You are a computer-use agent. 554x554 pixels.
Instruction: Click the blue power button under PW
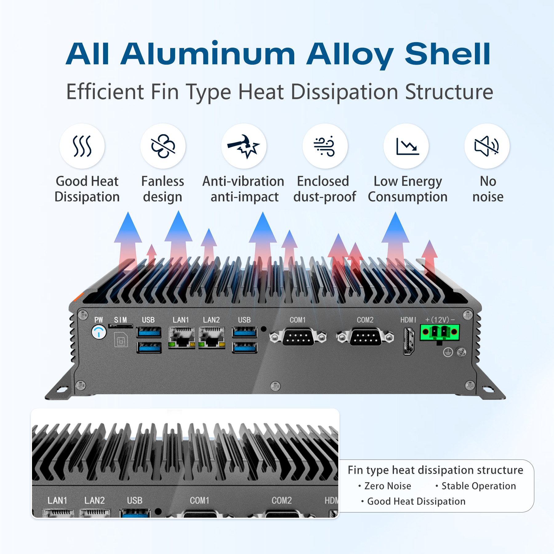tap(99, 332)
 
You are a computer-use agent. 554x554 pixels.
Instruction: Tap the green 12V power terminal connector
tap(440, 332)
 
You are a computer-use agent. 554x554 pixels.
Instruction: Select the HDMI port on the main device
tap(408, 341)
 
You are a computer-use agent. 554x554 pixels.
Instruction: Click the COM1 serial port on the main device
tap(298, 337)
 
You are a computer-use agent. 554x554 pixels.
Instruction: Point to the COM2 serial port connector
tap(365, 337)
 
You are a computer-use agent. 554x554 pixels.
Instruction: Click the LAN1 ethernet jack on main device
tap(182, 337)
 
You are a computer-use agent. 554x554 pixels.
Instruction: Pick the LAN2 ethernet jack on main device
tap(212, 337)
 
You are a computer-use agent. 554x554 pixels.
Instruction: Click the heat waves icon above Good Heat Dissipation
tap(82, 146)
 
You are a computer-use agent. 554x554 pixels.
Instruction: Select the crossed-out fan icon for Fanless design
tap(163, 146)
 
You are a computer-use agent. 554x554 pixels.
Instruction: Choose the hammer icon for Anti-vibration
tap(244, 146)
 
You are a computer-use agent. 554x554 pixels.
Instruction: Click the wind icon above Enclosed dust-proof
tap(325, 146)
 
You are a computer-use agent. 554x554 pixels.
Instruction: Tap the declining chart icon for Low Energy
tap(406, 146)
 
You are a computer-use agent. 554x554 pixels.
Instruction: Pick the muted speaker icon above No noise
tap(487, 146)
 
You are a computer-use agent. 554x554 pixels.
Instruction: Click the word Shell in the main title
tap(448, 54)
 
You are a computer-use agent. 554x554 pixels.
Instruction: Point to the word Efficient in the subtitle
tap(105, 92)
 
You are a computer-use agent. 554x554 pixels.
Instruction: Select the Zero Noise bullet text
tap(387, 486)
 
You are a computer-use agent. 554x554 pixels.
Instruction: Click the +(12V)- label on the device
tap(440, 320)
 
